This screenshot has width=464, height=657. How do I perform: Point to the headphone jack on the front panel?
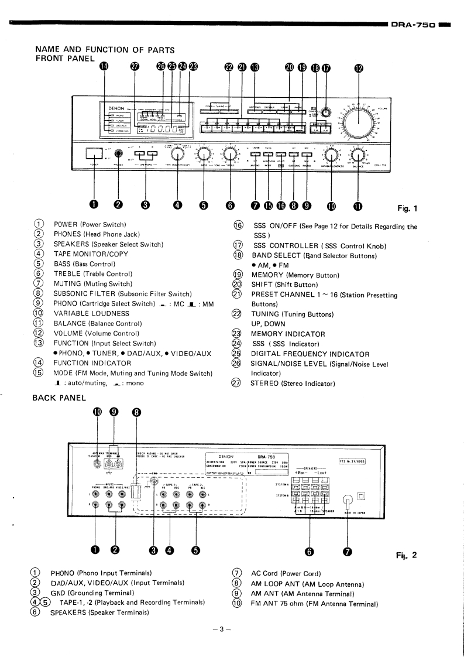(x=119, y=155)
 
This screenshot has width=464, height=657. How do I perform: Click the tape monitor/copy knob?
(x=178, y=155)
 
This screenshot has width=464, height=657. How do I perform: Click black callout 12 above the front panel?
(x=359, y=67)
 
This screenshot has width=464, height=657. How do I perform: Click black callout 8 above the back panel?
(x=136, y=412)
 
